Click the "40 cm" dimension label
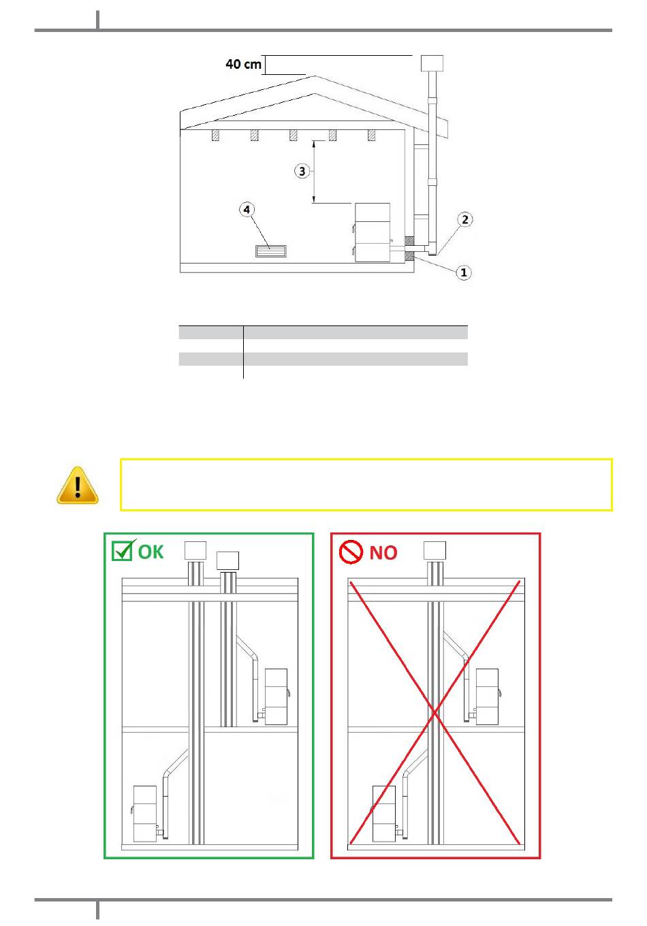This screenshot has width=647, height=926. [x=243, y=64]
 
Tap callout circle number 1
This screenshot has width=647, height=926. [x=463, y=272]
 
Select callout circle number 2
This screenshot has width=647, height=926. [x=464, y=219]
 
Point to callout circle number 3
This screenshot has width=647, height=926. [x=302, y=171]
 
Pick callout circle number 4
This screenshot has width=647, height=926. [x=247, y=210]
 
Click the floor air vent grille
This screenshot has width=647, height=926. [x=271, y=251]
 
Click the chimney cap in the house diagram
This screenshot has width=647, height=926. [x=432, y=63]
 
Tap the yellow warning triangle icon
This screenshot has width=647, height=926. [x=78, y=485]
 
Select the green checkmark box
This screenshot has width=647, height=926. [x=123, y=550]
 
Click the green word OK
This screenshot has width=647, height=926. [x=151, y=552]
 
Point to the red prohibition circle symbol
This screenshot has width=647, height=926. [x=351, y=552]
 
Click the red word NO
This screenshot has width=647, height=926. [x=383, y=553]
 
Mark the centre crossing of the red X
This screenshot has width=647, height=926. [x=435, y=712]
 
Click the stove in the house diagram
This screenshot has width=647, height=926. [x=373, y=232]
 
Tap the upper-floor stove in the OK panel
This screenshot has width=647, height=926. [x=276, y=697]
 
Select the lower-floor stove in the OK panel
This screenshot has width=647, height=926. [x=144, y=814]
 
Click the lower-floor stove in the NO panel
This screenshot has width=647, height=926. [x=383, y=814]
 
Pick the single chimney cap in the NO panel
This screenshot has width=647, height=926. [x=435, y=551]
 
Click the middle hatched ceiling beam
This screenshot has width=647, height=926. [x=293, y=135]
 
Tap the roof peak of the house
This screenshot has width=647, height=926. [x=315, y=76]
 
